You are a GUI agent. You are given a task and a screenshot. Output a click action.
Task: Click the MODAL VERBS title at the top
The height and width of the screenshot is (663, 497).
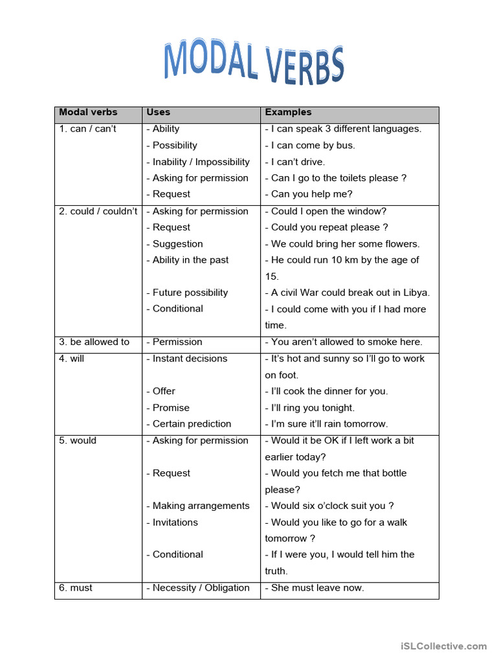click(x=254, y=64)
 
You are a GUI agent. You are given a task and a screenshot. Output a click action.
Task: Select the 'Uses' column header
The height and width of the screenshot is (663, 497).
click(x=159, y=112)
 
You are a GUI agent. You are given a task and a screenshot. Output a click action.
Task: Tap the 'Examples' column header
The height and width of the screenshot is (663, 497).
click(x=288, y=112)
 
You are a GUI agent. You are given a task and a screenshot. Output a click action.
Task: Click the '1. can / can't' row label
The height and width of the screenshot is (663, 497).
click(x=88, y=129)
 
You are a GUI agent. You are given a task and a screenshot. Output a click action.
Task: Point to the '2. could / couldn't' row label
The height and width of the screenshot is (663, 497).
click(x=98, y=211)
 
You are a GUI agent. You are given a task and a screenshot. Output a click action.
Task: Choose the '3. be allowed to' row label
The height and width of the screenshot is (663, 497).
click(x=94, y=342)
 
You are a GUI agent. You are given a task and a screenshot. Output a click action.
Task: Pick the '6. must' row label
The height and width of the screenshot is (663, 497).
click(x=76, y=588)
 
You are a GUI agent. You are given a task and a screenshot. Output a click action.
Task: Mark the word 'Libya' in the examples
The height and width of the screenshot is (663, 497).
click(x=415, y=293)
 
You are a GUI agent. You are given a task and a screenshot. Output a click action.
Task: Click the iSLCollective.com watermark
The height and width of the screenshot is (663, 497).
click(x=443, y=646)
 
